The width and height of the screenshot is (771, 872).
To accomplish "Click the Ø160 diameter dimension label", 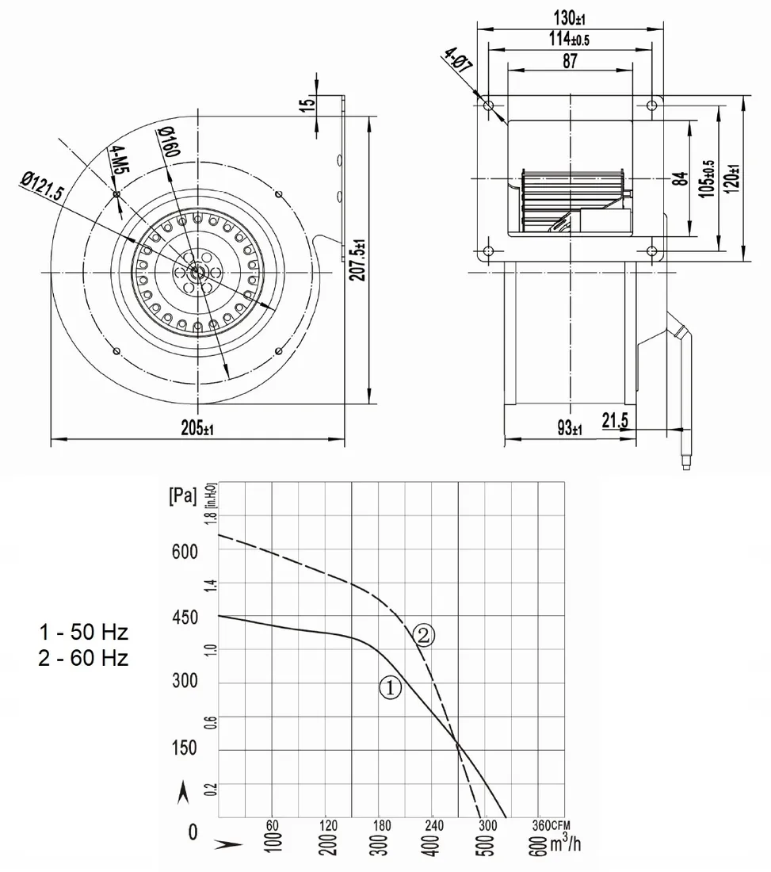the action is (169, 141).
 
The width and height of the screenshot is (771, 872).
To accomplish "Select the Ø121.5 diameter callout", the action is (43, 186).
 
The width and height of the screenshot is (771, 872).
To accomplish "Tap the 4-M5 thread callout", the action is (118, 160).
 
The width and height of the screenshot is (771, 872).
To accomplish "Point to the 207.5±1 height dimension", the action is (361, 260).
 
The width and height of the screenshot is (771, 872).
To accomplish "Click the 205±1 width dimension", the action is (197, 428).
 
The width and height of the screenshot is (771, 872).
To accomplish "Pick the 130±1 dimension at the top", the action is (570, 17).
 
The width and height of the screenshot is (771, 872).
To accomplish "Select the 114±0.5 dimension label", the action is (569, 38).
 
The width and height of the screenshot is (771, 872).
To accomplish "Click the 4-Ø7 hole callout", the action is (458, 60).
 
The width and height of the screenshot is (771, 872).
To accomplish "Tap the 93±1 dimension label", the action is (570, 428).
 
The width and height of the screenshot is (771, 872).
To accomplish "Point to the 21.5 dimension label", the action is (615, 421).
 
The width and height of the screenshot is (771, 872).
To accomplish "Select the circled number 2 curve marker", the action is (424, 635).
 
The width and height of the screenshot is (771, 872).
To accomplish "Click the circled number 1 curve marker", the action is (390, 688).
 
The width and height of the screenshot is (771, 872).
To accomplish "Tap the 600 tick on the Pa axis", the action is (185, 552).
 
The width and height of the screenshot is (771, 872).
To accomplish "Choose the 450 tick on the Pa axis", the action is (185, 618).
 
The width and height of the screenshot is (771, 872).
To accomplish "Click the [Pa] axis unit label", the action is (183, 495).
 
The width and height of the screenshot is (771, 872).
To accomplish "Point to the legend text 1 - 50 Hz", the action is (83, 632).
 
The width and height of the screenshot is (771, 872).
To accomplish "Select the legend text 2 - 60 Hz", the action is (83, 658).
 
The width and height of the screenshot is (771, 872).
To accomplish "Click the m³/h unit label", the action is (567, 843).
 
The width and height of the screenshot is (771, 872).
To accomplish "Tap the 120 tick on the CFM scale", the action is (329, 825).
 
